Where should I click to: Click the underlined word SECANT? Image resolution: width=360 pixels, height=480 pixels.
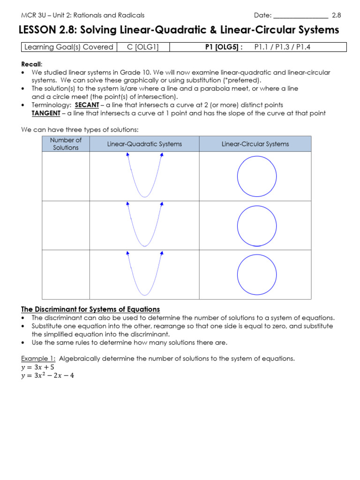coord(87,105)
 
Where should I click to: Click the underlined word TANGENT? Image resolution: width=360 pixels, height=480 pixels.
coord(45,113)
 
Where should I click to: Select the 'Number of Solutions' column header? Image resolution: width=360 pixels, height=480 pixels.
coord(66,144)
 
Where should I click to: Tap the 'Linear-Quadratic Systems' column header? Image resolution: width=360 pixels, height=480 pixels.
coord(144,144)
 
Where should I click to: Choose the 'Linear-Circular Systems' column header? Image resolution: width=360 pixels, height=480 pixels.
coord(255,144)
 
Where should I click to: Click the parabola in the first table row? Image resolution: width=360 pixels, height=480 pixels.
coord(144,176)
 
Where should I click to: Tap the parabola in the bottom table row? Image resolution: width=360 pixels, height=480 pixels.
coord(144,274)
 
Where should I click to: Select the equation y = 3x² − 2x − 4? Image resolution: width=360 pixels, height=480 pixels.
coord(48,375)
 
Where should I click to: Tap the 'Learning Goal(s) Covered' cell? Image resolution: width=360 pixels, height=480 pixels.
coord(68,47)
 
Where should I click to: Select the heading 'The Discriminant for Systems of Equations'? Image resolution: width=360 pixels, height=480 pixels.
coord(90,309)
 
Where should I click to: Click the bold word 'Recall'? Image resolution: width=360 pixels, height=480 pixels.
coord(31,64)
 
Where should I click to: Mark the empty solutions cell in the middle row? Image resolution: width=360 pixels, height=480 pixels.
coord(66,225)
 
